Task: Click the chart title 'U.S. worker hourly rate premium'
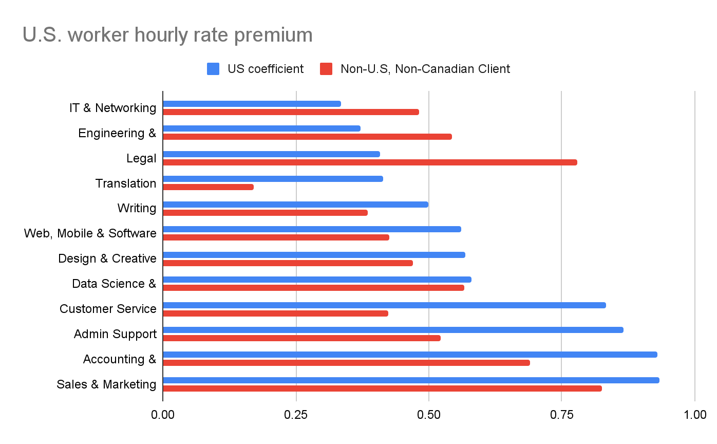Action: coord(167,35)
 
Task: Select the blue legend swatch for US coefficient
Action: coord(213,69)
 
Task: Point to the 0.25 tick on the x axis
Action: coord(296,414)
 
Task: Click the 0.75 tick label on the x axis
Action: coord(561,414)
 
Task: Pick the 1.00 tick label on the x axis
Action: coord(694,414)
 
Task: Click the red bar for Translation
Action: coord(208,187)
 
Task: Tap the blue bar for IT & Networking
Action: coord(252,104)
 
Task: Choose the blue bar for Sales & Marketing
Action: coord(411,380)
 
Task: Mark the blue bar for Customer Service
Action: coord(384,305)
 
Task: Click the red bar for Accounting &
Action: coord(346,363)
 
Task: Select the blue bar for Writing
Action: coord(295,205)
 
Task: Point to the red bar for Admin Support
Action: coord(301,338)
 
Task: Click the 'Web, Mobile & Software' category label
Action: coord(90,233)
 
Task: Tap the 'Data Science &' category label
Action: coord(114,284)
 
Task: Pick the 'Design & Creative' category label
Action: coord(107,258)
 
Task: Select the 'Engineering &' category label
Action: coord(117,133)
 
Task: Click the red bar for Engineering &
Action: coord(307,137)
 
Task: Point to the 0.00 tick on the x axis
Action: coord(163,414)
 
